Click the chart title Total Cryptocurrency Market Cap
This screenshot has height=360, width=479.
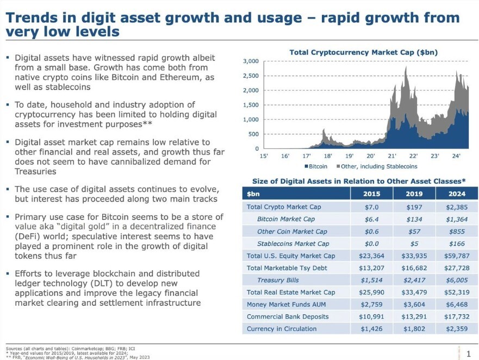(364, 52)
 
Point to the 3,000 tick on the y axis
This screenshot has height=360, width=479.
(251, 61)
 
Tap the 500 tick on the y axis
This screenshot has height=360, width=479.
(253, 134)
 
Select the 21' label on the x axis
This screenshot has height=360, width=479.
(392, 156)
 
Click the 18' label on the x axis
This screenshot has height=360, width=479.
(328, 156)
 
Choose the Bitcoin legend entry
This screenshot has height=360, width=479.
(316, 166)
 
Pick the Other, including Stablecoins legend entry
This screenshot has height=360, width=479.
(377, 166)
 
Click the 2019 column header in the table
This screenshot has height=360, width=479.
(414, 194)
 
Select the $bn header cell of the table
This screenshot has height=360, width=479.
(253, 194)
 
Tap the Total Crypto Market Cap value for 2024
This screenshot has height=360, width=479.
(457, 207)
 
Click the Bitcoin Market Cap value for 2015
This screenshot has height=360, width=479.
(371, 219)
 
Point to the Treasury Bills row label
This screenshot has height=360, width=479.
(278, 280)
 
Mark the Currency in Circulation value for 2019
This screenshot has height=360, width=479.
(414, 329)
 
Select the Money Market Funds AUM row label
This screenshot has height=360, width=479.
(286, 305)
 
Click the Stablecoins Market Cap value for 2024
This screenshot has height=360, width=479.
(457, 244)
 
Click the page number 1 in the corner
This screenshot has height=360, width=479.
(469, 354)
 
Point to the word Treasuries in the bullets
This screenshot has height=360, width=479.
(35, 171)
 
